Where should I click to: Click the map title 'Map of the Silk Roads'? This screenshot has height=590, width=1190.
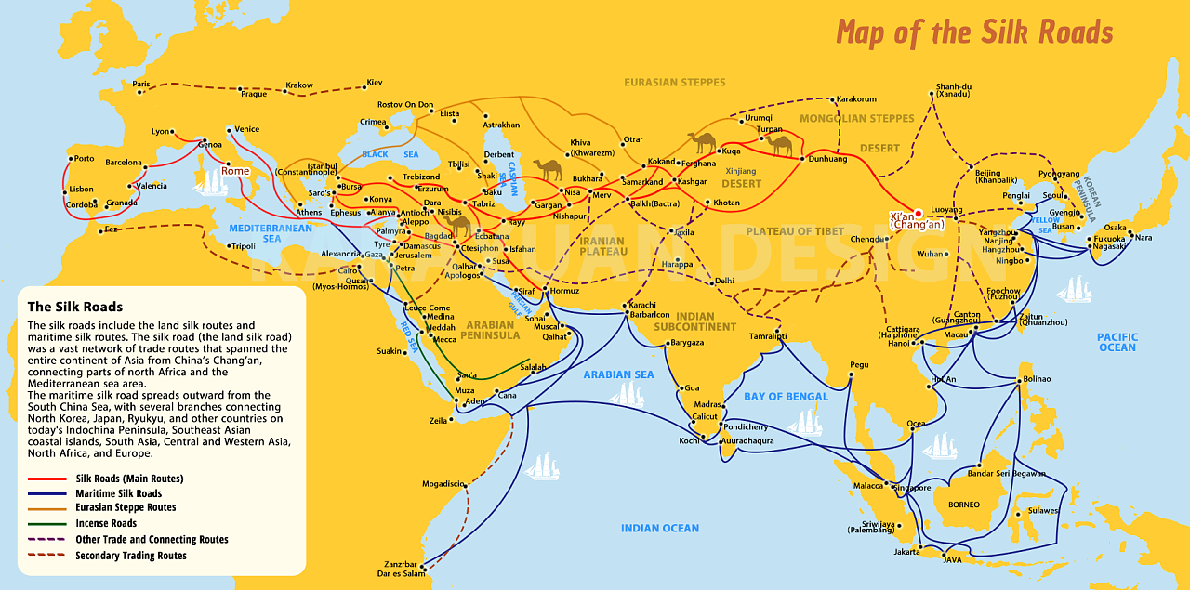pyautogui.click(x=973, y=32)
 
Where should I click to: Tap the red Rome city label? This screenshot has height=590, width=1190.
pyautogui.click(x=235, y=172)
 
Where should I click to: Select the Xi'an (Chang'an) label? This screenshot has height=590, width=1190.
pyautogui.click(x=916, y=220)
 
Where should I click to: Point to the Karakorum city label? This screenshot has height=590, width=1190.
pyautogui.click(x=856, y=99)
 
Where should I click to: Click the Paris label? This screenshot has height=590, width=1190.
pyautogui.click(x=141, y=84)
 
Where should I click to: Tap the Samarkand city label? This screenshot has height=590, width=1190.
pyautogui.click(x=642, y=182)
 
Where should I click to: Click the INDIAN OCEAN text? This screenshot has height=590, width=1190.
pyautogui.click(x=659, y=528)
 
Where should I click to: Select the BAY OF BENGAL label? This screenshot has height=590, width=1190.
pyautogui.click(x=786, y=397)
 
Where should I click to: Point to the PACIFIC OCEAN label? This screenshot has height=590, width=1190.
pyautogui.click(x=1116, y=342)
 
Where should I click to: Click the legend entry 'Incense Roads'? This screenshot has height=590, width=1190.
pyautogui.click(x=106, y=524)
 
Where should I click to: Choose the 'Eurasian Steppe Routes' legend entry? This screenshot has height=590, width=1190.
pyautogui.click(x=126, y=508)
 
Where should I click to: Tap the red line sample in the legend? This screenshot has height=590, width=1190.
pyautogui.click(x=47, y=479)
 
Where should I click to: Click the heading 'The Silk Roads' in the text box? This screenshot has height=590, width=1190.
pyautogui.click(x=75, y=307)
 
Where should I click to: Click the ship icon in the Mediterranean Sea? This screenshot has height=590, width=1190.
pyautogui.click(x=211, y=182)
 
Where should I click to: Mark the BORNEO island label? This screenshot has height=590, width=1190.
pyautogui.click(x=964, y=505)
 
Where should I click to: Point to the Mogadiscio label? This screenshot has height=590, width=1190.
pyautogui.click(x=443, y=483)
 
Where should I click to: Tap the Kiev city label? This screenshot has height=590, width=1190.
pyautogui.click(x=375, y=83)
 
